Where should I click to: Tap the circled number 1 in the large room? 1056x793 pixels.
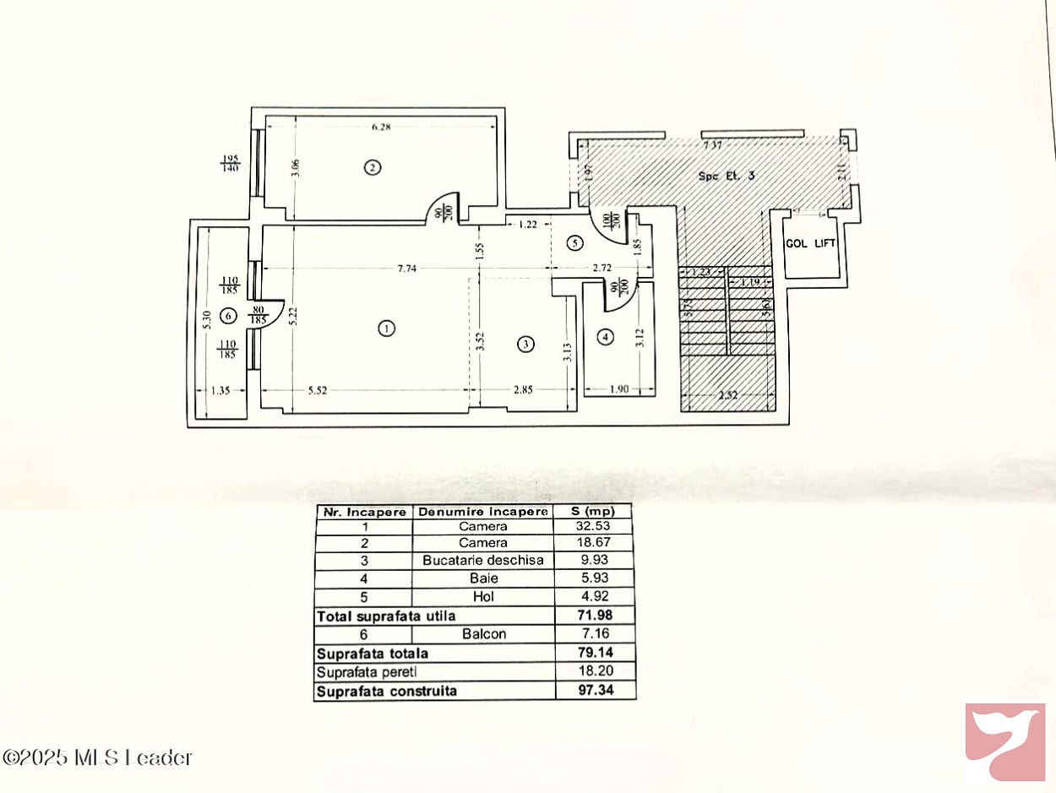point(386,329)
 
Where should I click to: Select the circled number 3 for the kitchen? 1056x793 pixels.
point(525,344)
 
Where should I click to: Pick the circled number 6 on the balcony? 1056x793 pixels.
point(226,316)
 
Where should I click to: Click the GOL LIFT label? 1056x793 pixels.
point(811,243)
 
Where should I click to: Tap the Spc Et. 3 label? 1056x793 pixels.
point(726,176)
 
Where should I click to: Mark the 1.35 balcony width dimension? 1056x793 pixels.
point(220,390)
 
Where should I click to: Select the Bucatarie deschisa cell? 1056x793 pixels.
point(483,561)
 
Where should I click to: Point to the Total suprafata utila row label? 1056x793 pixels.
point(386,616)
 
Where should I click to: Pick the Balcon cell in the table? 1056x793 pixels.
point(483,633)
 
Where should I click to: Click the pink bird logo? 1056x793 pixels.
point(1006,741)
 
